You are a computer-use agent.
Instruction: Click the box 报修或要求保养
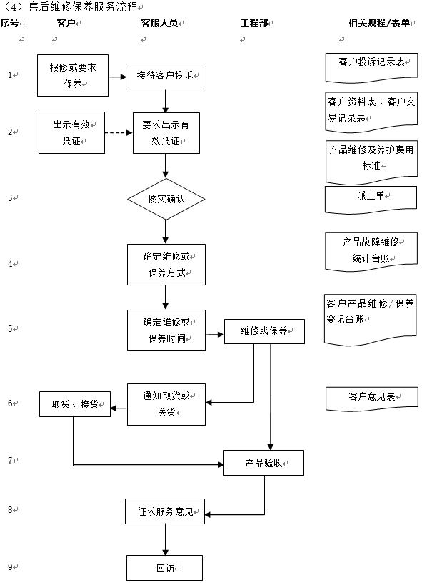(x=73, y=74)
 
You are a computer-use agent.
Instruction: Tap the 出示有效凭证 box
(x=72, y=132)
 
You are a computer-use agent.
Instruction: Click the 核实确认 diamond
(x=166, y=199)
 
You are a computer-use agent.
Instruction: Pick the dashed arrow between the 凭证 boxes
(x=119, y=133)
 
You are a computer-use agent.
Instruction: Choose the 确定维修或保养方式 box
(x=166, y=264)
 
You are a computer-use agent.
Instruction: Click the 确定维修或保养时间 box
(x=166, y=330)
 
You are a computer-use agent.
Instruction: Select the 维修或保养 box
(x=264, y=331)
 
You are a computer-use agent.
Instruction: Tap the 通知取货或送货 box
(x=166, y=404)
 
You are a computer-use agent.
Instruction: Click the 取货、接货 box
(x=75, y=405)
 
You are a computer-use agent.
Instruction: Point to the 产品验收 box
(x=264, y=464)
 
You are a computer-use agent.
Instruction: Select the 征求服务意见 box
(x=165, y=512)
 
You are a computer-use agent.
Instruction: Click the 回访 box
(x=165, y=568)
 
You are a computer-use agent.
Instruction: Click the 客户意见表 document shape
(x=371, y=398)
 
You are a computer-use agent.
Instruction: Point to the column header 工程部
(x=254, y=24)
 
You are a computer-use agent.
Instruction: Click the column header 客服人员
(x=159, y=24)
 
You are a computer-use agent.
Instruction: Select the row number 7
(x=11, y=461)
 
